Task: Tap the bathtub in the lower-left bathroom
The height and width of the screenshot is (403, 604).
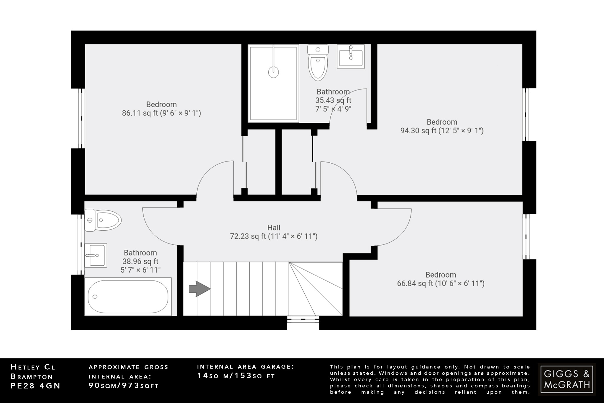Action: [128, 296]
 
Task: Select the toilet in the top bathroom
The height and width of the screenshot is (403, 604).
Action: [318, 63]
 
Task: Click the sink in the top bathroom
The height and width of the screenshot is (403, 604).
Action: [351, 57]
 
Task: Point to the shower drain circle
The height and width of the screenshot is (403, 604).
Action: [273, 71]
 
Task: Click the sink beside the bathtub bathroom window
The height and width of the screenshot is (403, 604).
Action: [96, 255]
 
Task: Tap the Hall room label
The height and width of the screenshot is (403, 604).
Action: [274, 228]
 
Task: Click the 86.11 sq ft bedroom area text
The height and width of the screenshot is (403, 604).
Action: [161, 113]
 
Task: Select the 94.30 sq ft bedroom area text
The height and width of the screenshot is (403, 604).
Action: [442, 130]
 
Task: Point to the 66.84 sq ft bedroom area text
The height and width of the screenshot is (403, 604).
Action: [441, 283]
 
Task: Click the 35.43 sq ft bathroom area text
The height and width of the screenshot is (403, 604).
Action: [333, 100]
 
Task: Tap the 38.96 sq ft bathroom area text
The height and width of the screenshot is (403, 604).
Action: [140, 261]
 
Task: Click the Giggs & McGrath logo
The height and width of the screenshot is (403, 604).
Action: [567, 379]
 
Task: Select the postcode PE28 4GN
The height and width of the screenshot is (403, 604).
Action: [35, 386]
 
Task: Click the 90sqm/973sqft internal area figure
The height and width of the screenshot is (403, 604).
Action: [124, 386]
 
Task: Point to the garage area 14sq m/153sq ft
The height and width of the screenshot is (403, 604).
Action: [236, 376]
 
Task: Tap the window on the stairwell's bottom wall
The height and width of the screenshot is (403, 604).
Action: [303, 319]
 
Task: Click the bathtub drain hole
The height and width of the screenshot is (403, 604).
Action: [95, 297]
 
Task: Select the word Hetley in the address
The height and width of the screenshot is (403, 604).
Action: [25, 367]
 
